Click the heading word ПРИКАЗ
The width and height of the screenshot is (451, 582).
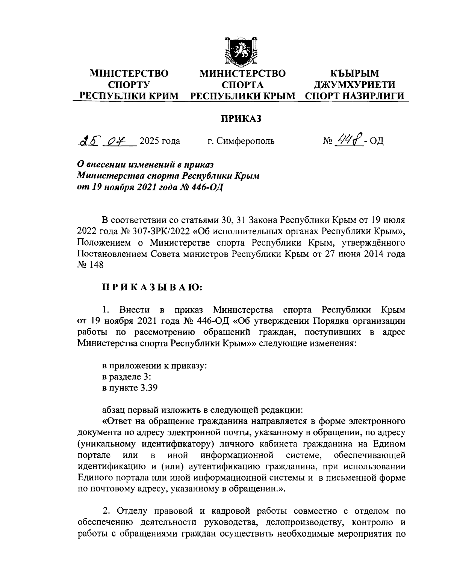[x=240, y=119]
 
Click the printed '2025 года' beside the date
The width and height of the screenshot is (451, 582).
[x=160, y=142]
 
